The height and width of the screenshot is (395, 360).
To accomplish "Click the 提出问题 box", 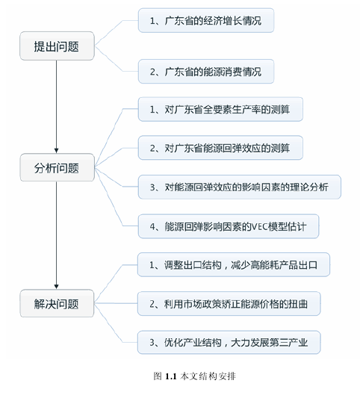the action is [x=57, y=46].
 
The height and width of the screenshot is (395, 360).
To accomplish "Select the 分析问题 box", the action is [x=58, y=167].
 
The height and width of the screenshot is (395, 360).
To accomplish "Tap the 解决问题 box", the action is [x=57, y=303].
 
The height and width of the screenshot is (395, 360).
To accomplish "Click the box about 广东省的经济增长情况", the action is [x=206, y=20].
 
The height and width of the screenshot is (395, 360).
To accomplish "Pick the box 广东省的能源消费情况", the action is [x=206, y=71].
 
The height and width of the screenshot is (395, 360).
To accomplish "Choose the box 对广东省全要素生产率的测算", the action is [x=220, y=109].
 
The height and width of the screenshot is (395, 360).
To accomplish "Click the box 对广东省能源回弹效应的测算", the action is [x=220, y=148].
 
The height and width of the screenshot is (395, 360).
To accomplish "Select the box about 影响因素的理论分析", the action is [x=239, y=187].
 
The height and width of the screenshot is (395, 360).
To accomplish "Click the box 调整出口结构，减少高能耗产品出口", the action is [x=234, y=265].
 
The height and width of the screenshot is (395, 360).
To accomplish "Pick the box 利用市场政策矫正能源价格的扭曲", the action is [x=229, y=304].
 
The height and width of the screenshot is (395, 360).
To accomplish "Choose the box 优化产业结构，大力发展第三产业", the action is [x=229, y=342].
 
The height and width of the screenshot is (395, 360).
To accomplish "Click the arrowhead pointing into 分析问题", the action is [x=57, y=151].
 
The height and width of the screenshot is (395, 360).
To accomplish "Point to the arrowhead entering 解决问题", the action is [x=57, y=287].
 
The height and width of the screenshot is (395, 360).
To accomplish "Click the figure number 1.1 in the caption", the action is [x=170, y=376].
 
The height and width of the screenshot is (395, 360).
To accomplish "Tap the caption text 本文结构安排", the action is [x=208, y=376].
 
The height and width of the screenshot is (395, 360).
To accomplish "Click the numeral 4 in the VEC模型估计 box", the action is [x=152, y=227].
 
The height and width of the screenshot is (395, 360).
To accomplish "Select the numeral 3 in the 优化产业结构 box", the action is [x=152, y=343].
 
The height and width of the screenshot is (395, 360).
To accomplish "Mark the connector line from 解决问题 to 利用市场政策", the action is [x=116, y=303].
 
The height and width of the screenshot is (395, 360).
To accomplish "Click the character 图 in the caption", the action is [x=158, y=376].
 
